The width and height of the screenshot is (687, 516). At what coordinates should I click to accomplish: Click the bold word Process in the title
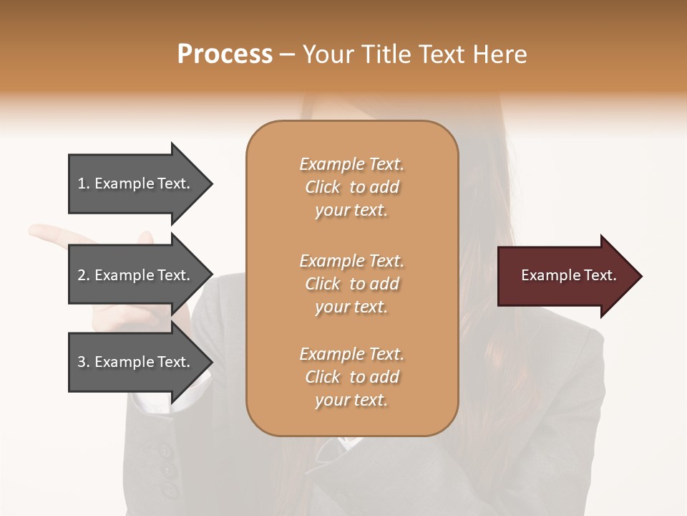point(225,54)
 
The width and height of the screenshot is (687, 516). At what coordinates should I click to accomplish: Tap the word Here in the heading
point(499,54)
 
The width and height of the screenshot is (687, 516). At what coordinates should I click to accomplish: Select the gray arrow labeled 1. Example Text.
point(136,183)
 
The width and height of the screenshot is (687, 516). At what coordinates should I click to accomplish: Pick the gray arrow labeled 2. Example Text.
point(136,275)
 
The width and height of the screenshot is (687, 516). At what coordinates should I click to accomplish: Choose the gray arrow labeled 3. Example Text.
point(136,362)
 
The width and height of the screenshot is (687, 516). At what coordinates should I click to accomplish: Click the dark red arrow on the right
point(565,276)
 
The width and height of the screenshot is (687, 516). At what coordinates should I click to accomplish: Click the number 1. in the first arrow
point(84,183)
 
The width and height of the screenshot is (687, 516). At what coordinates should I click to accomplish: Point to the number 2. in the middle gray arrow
point(84,275)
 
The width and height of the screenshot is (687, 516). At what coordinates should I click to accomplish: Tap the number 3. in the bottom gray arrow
point(84,362)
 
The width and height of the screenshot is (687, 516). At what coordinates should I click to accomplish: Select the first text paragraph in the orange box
point(351,187)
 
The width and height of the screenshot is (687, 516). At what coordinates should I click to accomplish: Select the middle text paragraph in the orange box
point(351,284)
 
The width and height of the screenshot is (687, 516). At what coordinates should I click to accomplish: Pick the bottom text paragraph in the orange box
point(351,377)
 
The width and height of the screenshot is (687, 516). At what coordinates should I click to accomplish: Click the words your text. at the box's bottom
point(351,401)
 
